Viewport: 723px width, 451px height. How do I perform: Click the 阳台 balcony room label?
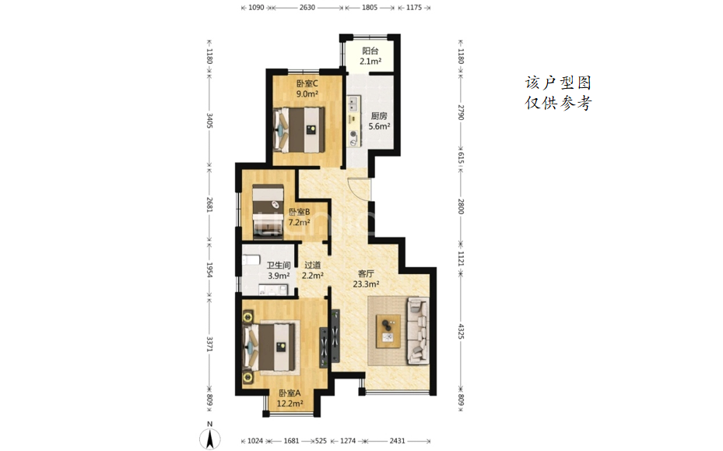pos(370,51)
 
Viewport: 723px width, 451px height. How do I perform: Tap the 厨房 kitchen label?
pos(378,116)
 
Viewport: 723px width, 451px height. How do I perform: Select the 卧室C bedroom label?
pos(307,83)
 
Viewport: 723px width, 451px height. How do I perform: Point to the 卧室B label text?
pos(300,212)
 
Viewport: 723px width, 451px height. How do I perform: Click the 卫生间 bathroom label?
pos(279,266)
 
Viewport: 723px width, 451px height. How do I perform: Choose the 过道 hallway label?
pos(312,265)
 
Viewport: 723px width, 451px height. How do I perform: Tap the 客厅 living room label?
pos(366,273)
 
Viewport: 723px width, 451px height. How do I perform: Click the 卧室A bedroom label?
pos(290,393)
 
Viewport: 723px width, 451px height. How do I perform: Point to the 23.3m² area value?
pos(366,284)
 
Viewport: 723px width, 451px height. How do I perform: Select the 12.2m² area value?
pos(290,403)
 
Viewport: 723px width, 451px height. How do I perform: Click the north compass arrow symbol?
pos(210,439)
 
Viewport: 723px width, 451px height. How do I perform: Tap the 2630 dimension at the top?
pos(307,7)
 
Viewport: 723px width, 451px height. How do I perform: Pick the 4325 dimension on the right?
pos(461,332)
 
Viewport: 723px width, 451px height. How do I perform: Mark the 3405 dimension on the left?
pos(209,121)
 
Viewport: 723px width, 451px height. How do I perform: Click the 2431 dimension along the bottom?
pos(397,441)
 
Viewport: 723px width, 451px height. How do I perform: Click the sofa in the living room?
pos(418,330)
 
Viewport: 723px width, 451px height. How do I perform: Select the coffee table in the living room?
pos(388,331)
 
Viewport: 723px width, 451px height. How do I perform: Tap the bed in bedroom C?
pos(299,130)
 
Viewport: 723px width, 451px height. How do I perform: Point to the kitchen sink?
pos(353,104)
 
